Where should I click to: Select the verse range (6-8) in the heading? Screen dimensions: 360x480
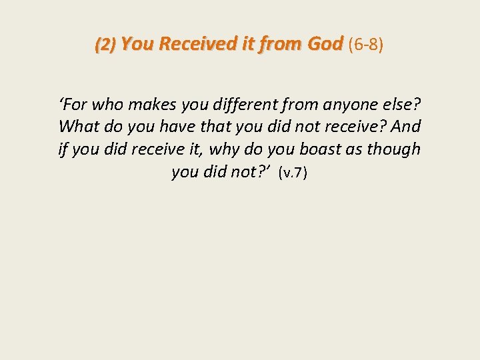pyautogui.click(x=365, y=44)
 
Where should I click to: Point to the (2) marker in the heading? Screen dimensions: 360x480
pyautogui.click(x=105, y=45)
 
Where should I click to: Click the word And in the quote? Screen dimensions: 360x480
pyautogui.click(x=407, y=126)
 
